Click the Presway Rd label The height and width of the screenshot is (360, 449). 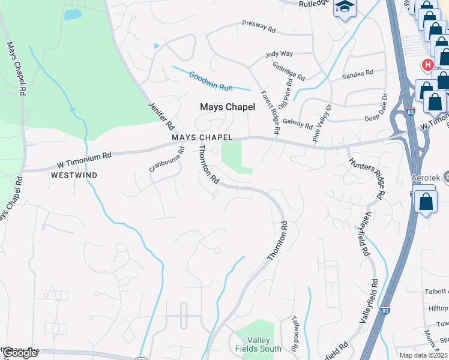pyautogui.click(x=259, y=28)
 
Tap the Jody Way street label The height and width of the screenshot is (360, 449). pyautogui.click(x=279, y=54)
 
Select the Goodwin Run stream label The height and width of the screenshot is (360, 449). pyautogui.click(x=211, y=82)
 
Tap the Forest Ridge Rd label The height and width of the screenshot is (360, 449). pyautogui.click(x=270, y=112)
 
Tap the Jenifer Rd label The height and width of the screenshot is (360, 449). pyautogui.click(x=161, y=116)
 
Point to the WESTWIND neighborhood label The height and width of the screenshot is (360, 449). pyautogui.click(x=74, y=175)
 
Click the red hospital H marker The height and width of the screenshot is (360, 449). pyautogui.click(x=427, y=64)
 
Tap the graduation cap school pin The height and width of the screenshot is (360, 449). pyautogui.click(x=345, y=7)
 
